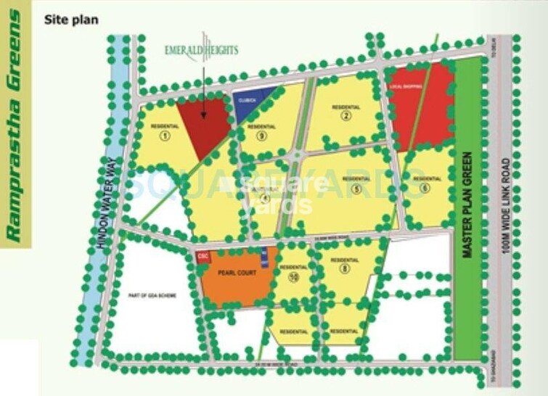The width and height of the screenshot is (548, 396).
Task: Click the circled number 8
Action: coord(345,269)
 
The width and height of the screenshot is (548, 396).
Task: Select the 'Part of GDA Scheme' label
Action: coord(152,296)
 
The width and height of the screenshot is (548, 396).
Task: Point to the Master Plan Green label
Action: coord(468,205)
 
